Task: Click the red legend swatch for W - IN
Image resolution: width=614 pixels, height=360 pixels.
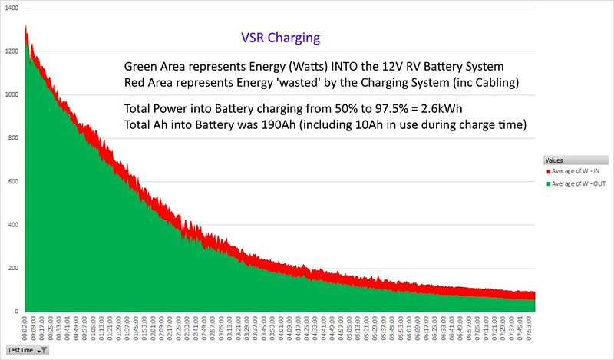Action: pyautogui.click(x=548, y=171)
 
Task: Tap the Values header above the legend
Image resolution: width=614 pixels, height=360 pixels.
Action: pyautogui.click(x=554, y=160)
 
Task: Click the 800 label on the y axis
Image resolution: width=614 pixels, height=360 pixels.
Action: pyautogui.click(x=15, y=138)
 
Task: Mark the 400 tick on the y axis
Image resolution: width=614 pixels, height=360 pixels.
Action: pyautogui.click(x=15, y=225)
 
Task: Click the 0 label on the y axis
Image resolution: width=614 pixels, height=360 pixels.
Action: pyautogui.click(x=19, y=311)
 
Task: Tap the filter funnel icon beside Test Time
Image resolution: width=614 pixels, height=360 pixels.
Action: pyautogui.click(x=44, y=350)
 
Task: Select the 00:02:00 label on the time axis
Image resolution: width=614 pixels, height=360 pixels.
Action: pyautogui.click(x=26, y=325)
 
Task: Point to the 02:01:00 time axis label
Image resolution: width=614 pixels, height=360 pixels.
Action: pyautogui.click(x=153, y=325)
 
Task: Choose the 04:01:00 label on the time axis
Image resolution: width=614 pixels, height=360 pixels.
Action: pyautogui.click(x=280, y=325)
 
